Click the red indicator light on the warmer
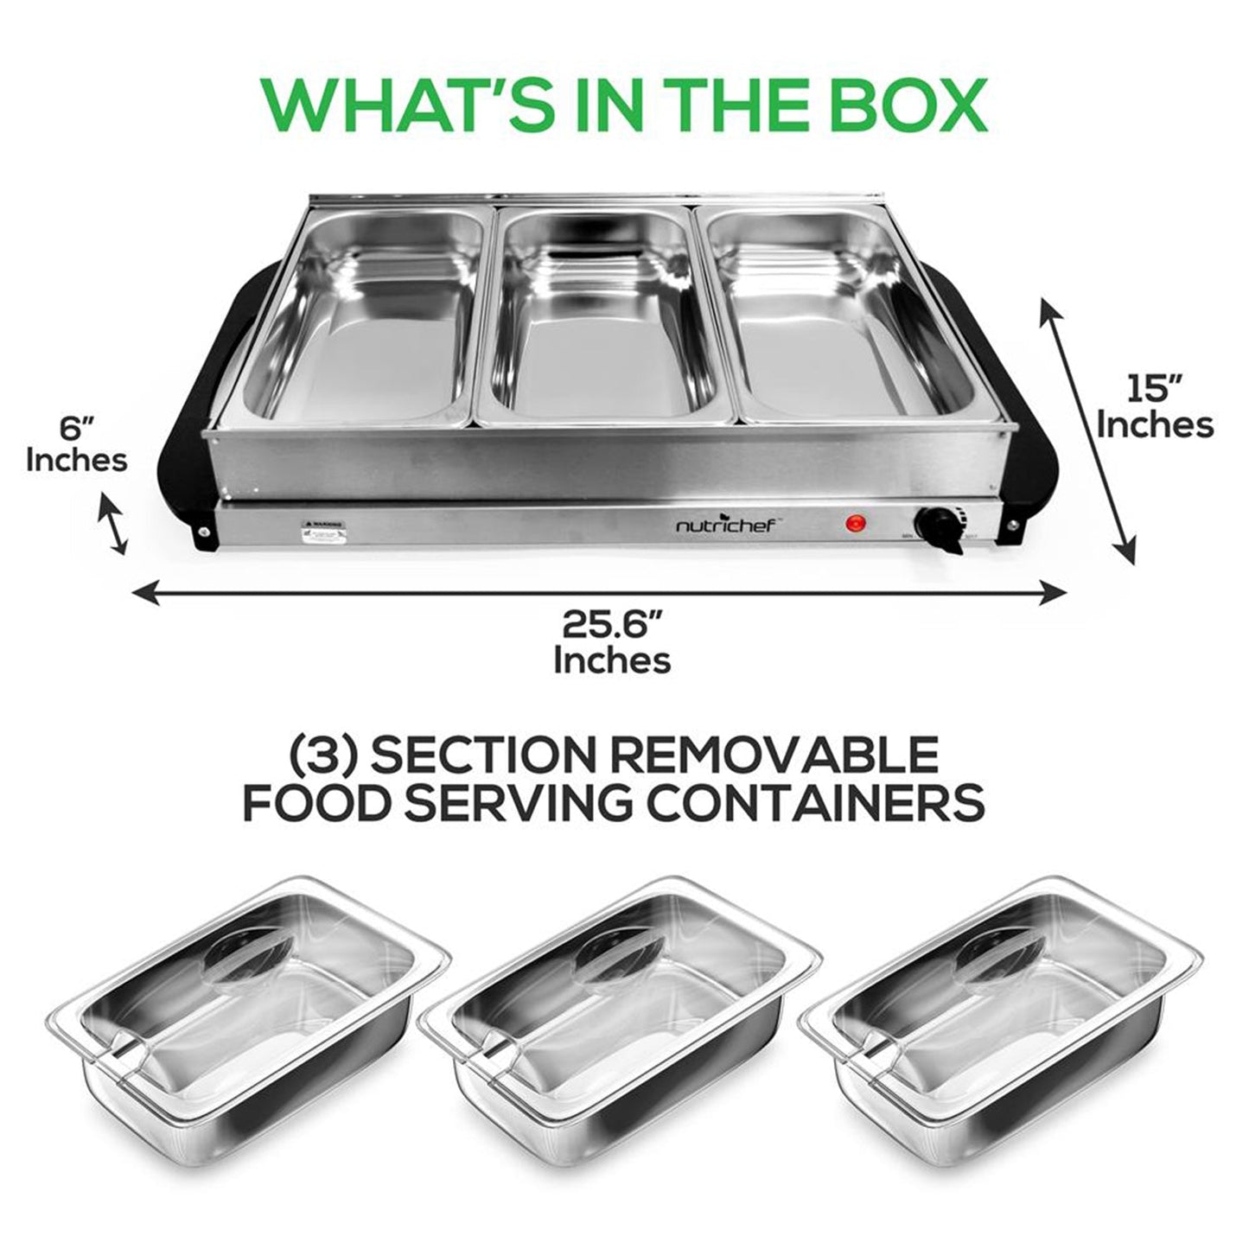tap(856, 522)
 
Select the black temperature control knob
tap(939, 525)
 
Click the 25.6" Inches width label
tap(612, 641)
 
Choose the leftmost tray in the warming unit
tap(363, 320)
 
